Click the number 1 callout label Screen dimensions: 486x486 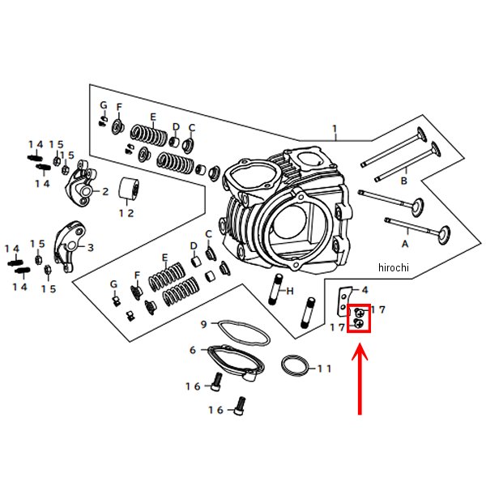point(333,129)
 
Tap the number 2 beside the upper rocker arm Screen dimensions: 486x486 point(105,192)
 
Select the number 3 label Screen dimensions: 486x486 point(90,247)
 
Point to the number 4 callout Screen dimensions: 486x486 point(364,290)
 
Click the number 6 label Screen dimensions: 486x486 point(193,350)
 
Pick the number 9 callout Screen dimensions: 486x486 point(204,325)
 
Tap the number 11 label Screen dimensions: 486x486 point(324,369)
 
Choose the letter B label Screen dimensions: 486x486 point(403,181)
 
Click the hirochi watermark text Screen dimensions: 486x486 point(394,268)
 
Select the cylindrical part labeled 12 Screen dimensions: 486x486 point(126,189)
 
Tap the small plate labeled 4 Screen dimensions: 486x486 point(344,302)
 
